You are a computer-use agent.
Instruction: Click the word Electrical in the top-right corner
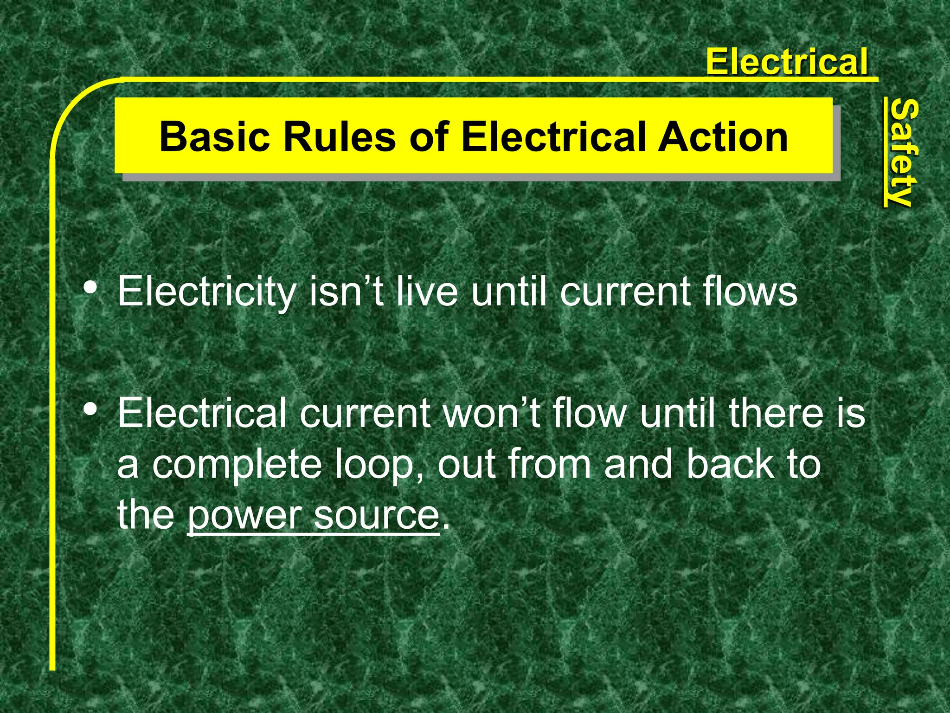tap(786, 62)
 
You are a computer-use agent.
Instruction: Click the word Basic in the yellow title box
tap(214, 136)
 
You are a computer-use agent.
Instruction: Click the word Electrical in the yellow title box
tap(554, 136)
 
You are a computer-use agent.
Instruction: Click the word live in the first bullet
tap(427, 292)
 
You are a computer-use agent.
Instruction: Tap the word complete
tap(237, 465)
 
